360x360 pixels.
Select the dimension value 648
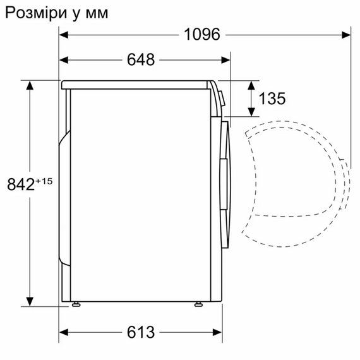pos(141,60)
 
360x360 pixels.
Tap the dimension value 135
pos(272,99)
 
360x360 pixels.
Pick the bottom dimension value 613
pos(140,332)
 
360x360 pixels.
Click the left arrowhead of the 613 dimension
pos(65,332)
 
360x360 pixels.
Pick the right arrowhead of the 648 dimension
pos(226,60)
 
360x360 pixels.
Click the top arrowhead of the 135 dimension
pos(251,85)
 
